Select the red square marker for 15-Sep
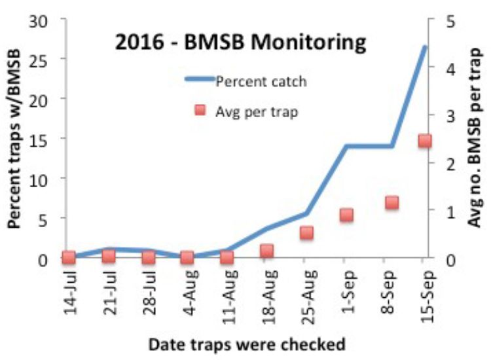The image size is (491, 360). click(x=424, y=141)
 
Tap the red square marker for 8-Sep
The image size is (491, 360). click(x=391, y=202)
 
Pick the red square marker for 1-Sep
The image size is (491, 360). click(x=346, y=215)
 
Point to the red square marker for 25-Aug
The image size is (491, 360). click(x=306, y=232)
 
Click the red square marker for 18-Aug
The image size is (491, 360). click(x=266, y=251)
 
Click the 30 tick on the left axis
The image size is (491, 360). click(x=39, y=21)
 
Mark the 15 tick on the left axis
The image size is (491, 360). click(x=39, y=139)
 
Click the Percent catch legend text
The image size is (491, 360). click(x=261, y=82)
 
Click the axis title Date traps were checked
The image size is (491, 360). click(x=247, y=343)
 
